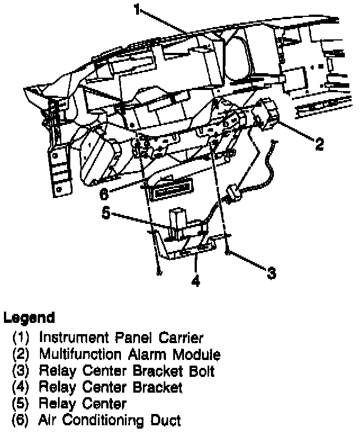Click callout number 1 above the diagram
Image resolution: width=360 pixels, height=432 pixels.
(137, 9)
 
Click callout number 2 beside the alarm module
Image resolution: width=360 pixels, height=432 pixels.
(319, 144)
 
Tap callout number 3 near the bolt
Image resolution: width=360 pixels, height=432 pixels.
(272, 273)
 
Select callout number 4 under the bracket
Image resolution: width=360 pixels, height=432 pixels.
(195, 281)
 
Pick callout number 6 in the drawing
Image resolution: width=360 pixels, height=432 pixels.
(104, 194)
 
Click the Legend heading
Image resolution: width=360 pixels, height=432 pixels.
(29, 318)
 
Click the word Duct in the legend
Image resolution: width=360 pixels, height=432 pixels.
(167, 420)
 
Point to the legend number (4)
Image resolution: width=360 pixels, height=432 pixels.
(22, 388)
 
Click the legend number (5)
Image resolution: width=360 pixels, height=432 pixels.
(22, 404)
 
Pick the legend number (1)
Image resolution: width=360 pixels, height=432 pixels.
(22, 338)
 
